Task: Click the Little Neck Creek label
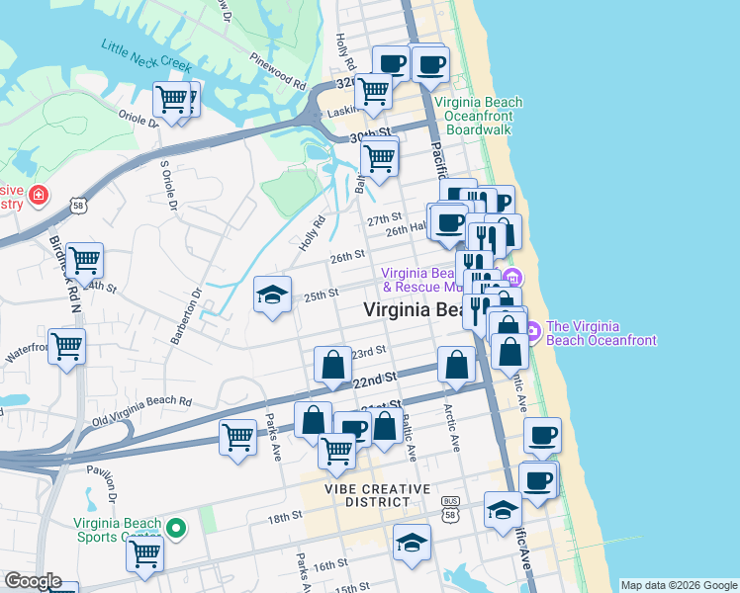pos(144,55)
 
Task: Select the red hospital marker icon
pos(39,195)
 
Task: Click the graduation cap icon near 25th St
pos(272,295)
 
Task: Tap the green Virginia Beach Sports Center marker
pos(176,529)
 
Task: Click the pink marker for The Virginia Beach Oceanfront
pos(531,329)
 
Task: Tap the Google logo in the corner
pos(32,581)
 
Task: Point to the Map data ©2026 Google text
pos(678,585)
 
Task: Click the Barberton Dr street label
pos(185,315)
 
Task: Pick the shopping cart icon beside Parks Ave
pos(237,436)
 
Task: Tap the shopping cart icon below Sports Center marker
pos(145,553)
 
